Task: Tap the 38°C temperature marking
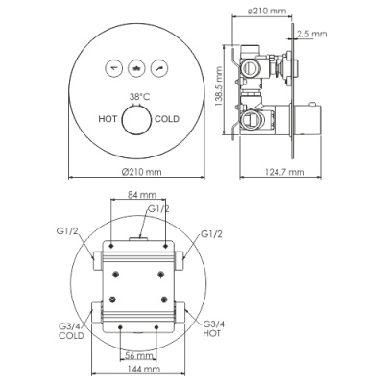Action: [x=139, y=98]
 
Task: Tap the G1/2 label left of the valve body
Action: [x=66, y=232]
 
